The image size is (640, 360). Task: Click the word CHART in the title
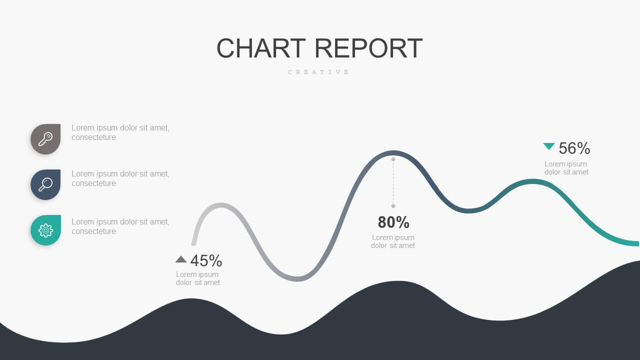(261, 48)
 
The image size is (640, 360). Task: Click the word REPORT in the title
(368, 48)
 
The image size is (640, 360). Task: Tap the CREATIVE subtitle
(318, 72)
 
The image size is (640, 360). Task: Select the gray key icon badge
(45, 139)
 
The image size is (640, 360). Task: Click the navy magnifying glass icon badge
(45, 184)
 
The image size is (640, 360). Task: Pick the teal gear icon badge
(45, 230)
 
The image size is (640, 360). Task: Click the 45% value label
(206, 260)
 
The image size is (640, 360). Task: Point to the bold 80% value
(393, 222)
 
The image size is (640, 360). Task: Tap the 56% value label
(574, 148)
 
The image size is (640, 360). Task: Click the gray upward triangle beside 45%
(181, 259)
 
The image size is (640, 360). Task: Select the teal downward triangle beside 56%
(549, 146)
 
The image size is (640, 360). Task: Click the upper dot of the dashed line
(393, 159)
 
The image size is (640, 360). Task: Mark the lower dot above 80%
(393, 206)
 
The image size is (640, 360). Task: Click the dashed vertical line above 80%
(393, 182)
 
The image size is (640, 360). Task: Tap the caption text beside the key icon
(120, 132)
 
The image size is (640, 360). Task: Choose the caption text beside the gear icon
(120, 226)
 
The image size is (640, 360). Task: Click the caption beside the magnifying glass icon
(120, 178)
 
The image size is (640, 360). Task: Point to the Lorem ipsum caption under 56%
(566, 168)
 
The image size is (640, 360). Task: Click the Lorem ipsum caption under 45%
(197, 278)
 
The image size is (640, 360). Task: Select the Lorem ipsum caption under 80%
(393, 241)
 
